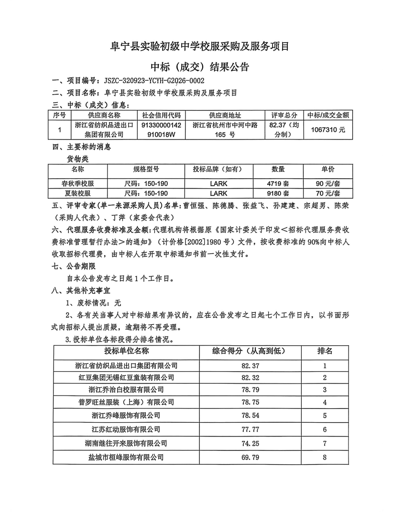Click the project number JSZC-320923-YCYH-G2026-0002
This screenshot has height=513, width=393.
click(x=151, y=81)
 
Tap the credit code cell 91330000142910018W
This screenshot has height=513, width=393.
click(x=161, y=129)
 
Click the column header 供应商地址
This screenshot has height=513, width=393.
click(x=225, y=115)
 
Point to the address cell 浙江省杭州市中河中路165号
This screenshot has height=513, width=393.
click(x=225, y=129)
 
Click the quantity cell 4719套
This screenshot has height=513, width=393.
click(x=278, y=183)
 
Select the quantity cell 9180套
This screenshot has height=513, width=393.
click(x=278, y=193)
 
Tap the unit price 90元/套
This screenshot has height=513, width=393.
click(x=328, y=183)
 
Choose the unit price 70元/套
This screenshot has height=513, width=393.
click(x=328, y=193)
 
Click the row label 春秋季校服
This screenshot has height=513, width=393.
click(x=78, y=183)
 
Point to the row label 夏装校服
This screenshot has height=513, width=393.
click(x=78, y=193)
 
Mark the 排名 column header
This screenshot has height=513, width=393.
click(x=325, y=351)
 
